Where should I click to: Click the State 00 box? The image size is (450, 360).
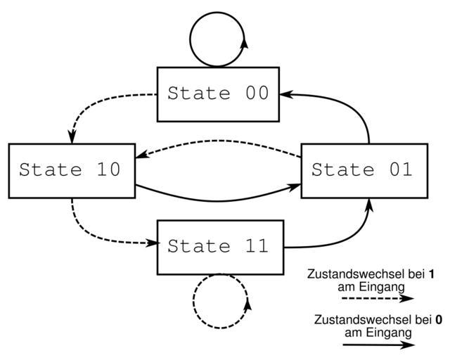[x=218, y=94]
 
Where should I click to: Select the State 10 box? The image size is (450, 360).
[x=71, y=170]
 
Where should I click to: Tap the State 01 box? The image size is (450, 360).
[x=364, y=170]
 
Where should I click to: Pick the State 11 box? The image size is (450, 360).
[x=220, y=247]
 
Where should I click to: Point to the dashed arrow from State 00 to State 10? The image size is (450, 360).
[x=98, y=106]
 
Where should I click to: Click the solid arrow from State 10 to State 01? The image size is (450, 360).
[x=218, y=198]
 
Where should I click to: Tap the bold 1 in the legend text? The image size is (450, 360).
[x=431, y=275]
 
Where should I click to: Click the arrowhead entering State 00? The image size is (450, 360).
[x=284, y=94]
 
